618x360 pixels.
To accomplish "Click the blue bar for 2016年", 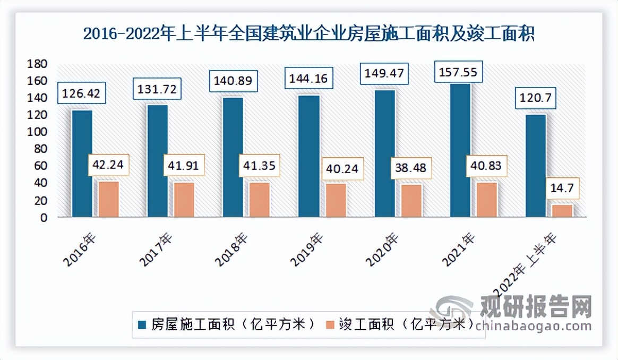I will point(82,164).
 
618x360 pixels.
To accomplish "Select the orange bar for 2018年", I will point(260,200).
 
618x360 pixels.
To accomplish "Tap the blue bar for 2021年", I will point(460,150).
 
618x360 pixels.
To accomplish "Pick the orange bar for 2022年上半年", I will point(562,211).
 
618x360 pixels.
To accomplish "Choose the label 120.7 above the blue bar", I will point(536,97).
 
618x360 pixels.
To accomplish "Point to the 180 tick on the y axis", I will point(40,64).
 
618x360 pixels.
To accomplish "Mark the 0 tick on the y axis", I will point(45,217).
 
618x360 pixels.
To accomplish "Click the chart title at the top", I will point(308,35).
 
